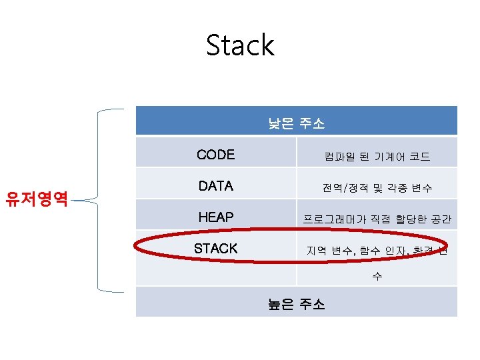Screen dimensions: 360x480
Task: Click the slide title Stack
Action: tap(240, 45)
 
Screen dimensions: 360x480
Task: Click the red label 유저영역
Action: tap(37, 198)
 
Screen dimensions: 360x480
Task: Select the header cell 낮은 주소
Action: tap(296, 123)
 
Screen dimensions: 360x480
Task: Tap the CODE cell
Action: tap(216, 155)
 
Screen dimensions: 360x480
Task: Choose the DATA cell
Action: tap(216, 186)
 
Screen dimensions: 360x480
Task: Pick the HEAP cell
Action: tap(215, 217)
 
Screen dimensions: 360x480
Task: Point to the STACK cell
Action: tap(215, 249)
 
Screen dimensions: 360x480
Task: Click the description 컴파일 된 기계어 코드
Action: tap(377, 157)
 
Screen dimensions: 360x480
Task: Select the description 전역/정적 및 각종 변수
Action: tap(377, 189)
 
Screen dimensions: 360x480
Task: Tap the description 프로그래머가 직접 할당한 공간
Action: tap(377, 219)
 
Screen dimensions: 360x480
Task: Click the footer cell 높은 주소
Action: tap(296, 304)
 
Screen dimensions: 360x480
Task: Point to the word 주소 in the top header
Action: tap(311, 123)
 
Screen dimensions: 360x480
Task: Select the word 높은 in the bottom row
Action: tap(281, 304)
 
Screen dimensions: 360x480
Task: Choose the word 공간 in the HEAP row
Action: tap(441, 219)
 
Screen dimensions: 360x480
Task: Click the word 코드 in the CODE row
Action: tap(419, 157)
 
